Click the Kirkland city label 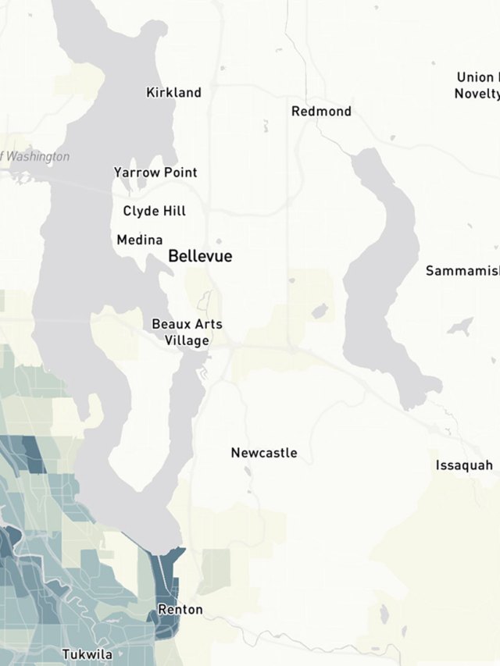point(173,92)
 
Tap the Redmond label point(321,111)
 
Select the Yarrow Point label point(155,172)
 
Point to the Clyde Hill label point(154,211)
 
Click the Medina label point(140,240)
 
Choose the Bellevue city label point(200,256)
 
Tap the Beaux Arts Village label point(187,332)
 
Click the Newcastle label point(263,453)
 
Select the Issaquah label point(464,465)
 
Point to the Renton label point(180,609)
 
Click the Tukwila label point(87,654)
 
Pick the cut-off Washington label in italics point(36,156)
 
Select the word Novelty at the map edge point(477,94)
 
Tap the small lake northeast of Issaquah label point(461,326)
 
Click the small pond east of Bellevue point(319,312)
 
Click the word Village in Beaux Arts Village point(187,340)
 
